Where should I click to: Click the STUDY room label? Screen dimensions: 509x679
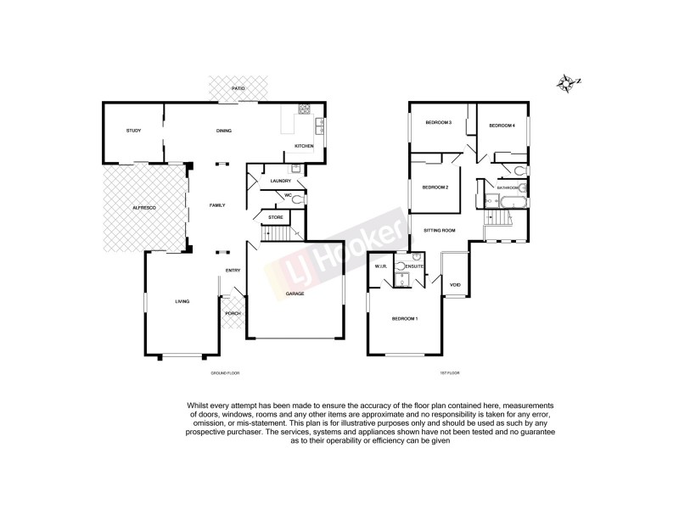point(133,131)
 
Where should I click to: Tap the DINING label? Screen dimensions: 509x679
point(224,131)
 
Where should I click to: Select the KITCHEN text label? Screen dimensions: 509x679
point(304,147)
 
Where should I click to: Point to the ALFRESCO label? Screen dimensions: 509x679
point(142,207)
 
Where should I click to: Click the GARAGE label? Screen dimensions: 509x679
point(295,294)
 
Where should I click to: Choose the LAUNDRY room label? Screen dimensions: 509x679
point(280,181)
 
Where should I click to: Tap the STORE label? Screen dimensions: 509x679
point(276,218)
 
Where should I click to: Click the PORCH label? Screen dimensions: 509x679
point(233,313)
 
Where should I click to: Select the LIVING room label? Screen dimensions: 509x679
point(182,301)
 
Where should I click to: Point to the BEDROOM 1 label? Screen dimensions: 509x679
point(404,318)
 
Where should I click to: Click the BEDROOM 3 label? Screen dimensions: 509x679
point(437,123)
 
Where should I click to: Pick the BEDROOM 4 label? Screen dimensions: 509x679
point(502,126)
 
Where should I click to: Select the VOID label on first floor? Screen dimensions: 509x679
point(455,284)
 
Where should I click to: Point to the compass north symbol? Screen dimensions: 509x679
point(567,82)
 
